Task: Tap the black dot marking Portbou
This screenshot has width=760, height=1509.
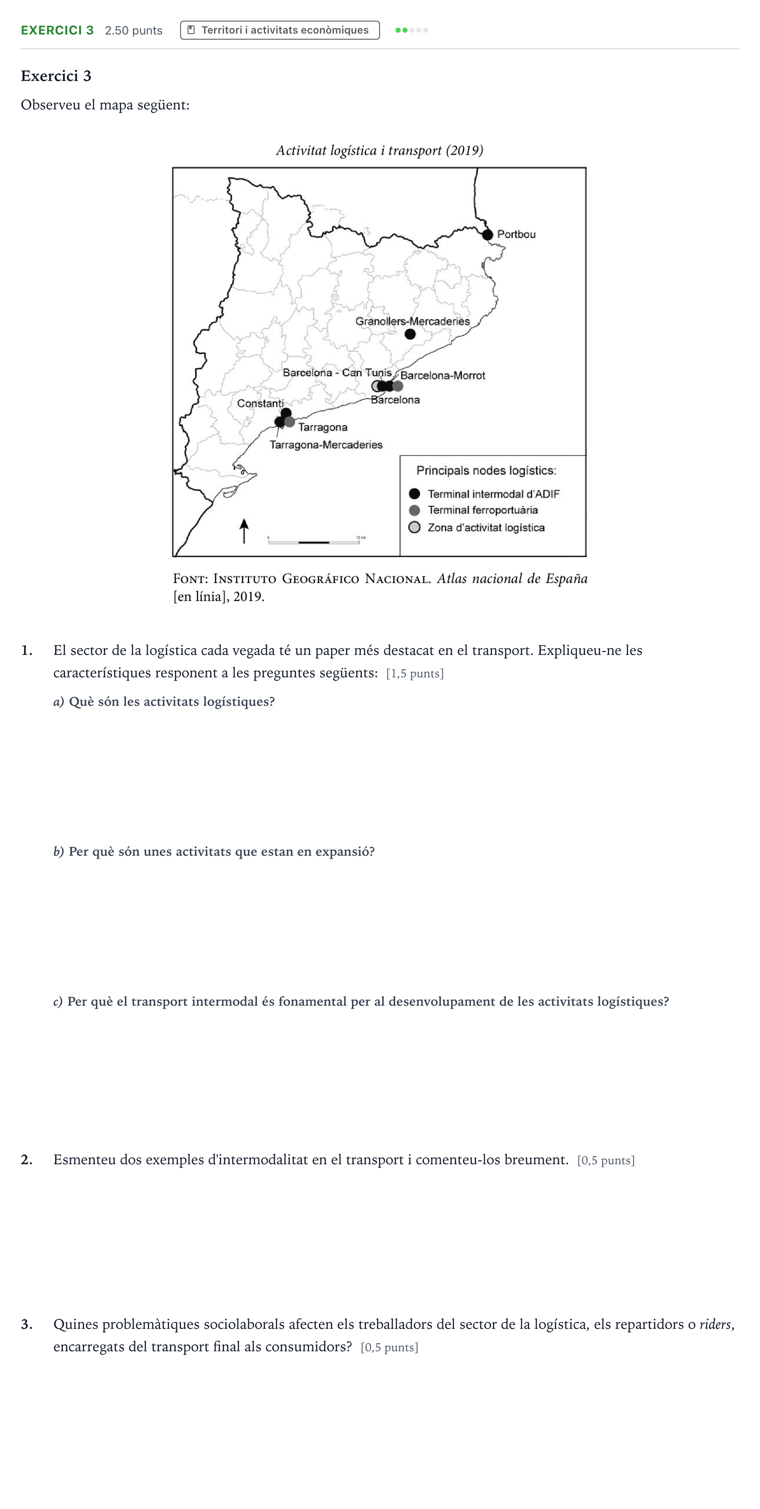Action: click(488, 235)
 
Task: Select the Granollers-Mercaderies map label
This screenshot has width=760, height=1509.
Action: click(412, 321)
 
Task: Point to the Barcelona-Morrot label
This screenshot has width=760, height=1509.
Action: click(442, 375)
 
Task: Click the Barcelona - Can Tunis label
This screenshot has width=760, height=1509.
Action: click(337, 373)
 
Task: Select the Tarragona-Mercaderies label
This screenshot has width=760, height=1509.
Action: click(326, 445)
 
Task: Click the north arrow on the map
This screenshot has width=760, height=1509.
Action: click(244, 531)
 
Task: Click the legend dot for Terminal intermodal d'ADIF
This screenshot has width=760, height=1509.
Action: click(414, 494)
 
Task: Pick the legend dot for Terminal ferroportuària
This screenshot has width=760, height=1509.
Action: click(414, 510)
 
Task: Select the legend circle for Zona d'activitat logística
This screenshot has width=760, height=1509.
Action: click(414, 527)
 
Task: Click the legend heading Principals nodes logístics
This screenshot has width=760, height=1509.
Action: click(486, 471)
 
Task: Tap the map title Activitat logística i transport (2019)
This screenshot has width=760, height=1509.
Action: click(380, 150)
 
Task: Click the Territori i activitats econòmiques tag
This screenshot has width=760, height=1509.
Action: click(280, 30)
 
